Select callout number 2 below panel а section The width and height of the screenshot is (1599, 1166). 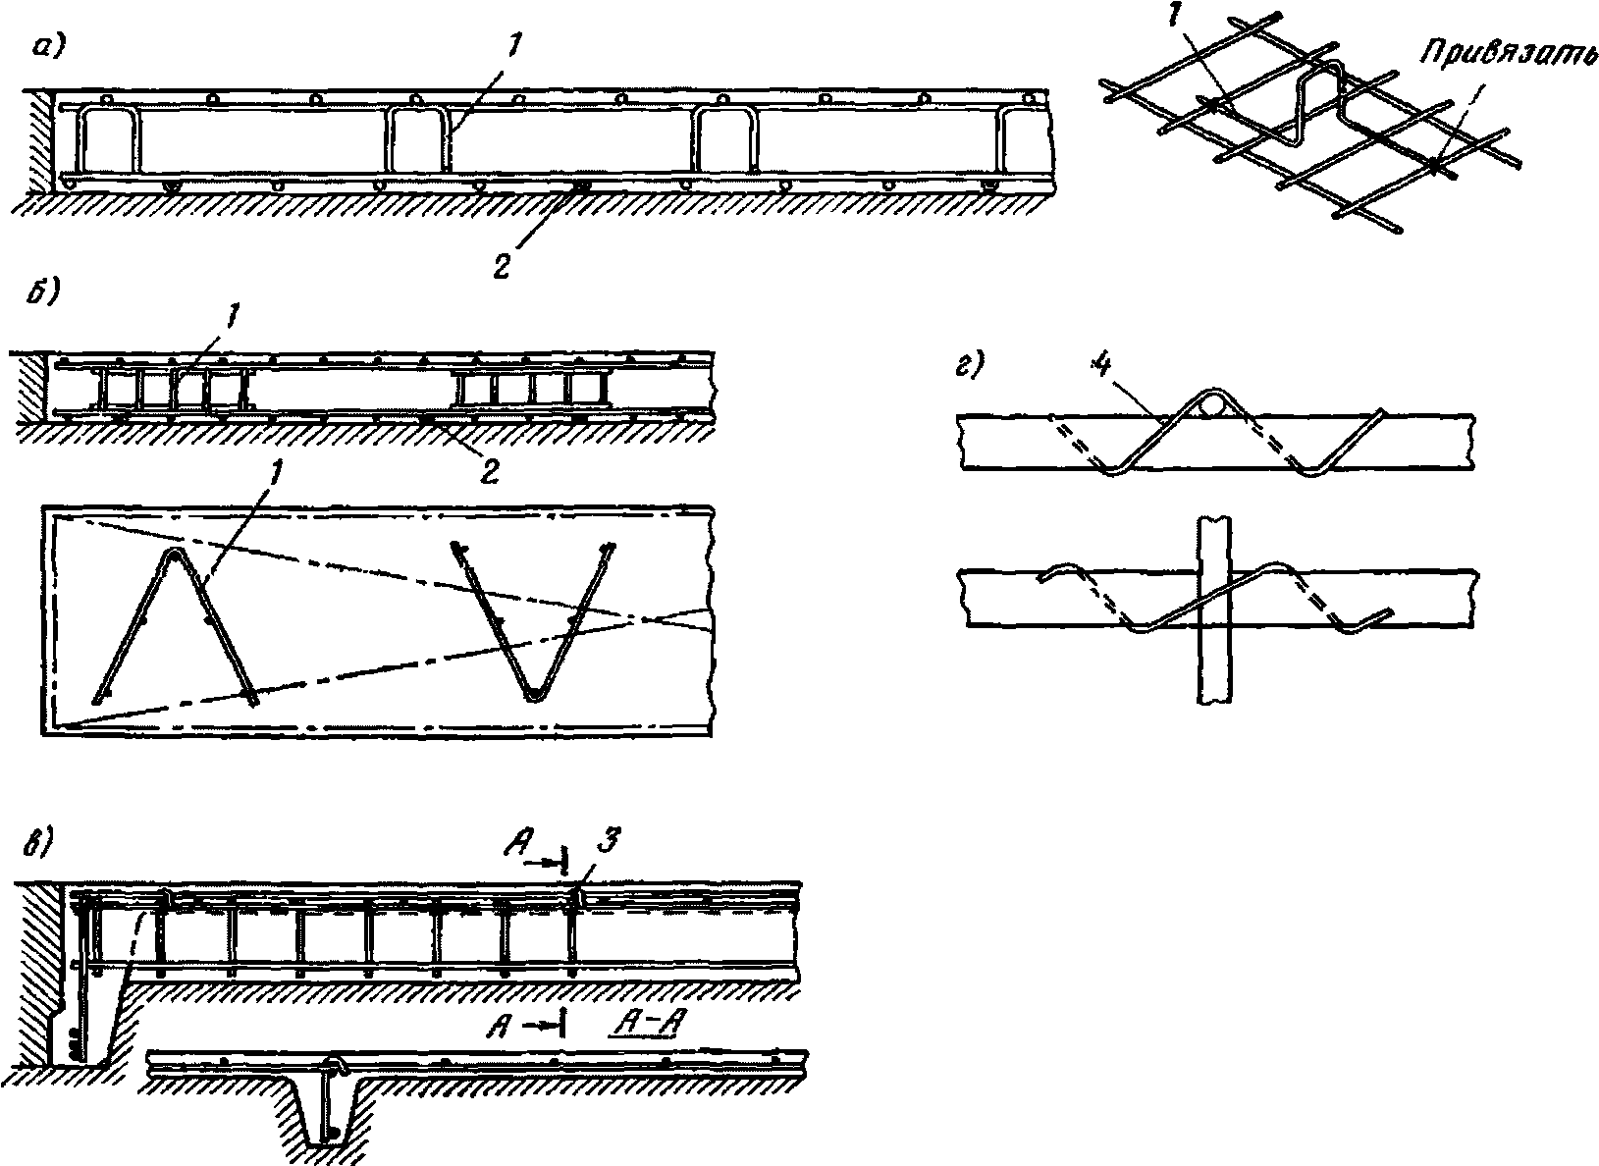coord(501,265)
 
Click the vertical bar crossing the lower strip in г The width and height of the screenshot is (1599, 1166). coord(1214,609)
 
